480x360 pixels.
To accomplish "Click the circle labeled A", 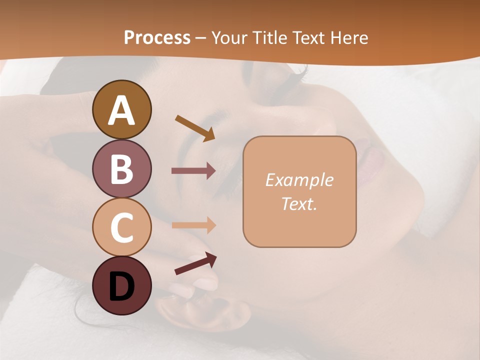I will click(x=121, y=109).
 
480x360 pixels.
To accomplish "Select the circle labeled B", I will click(x=121, y=168).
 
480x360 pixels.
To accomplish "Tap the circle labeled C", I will click(x=121, y=227).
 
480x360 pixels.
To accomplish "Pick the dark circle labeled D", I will click(x=121, y=285).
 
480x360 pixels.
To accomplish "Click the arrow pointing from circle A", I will click(x=195, y=128).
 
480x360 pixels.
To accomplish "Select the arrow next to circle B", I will click(x=193, y=171).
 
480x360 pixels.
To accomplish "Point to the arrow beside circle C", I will click(x=193, y=225).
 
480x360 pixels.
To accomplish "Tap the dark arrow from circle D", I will click(x=195, y=264).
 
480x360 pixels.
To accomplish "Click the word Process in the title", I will click(x=157, y=37).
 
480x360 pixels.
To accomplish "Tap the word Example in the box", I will click(x=299, y=180).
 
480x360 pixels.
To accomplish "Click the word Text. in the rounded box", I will click(x=299, y=203).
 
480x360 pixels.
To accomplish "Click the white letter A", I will click(x=121, y=110).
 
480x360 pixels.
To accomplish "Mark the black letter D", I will click(x=121, y=286).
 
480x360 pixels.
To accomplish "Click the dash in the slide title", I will click(x=201, y=38).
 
